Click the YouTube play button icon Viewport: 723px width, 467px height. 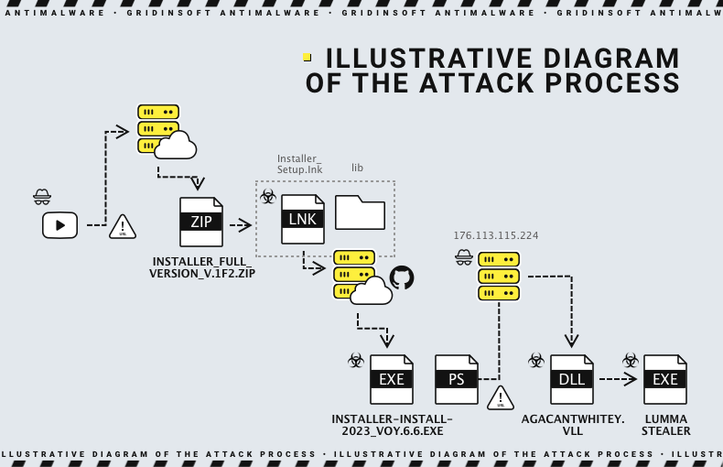coord(59,225)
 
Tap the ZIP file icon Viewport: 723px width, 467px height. coord(200,222)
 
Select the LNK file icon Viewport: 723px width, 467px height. coord(302,219)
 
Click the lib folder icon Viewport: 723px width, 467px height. coord(360,212)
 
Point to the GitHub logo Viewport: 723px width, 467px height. coord(402,277)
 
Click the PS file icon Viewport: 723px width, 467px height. coord(457,379)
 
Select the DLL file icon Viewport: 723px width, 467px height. coord(572,379)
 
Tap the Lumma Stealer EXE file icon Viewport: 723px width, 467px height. coord(665,379)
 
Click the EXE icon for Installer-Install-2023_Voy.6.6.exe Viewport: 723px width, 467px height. coord(392,379)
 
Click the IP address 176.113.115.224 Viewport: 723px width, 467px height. coord(496,235)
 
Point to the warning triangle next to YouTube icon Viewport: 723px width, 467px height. coord(123,226)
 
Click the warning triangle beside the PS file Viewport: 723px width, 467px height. coord(501,398)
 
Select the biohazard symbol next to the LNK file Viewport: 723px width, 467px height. coord(268,197)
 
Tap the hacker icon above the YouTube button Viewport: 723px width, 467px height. coord(42,196)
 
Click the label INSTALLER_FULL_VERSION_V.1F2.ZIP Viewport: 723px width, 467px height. coord(202,267)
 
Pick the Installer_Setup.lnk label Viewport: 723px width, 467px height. coord(300,164)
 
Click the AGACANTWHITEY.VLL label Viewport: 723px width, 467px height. coord(573,425)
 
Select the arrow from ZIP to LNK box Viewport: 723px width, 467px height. coord(240,224)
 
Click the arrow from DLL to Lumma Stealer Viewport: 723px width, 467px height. coord(617,378)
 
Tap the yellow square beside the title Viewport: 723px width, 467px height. coord(308,57)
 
